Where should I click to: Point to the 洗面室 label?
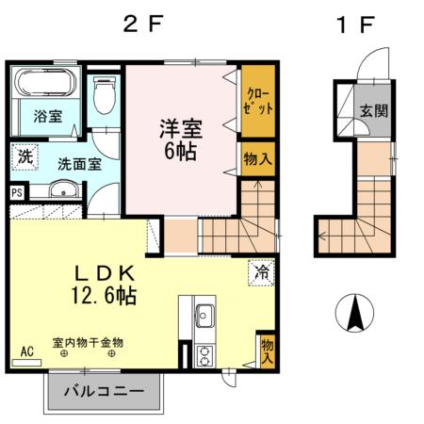pyautogui.click(x=79, y=163)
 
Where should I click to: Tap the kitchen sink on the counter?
pyautogui.click(x=204, y=315)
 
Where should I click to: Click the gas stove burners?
pyautogui.click(x=204, y=354)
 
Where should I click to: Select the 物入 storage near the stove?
pyautogui.click(x=268, y=351)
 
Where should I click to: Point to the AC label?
pyautogui.click(x=26, y=351)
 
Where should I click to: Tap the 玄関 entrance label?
pyautogui.click(x=373, y=109)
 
